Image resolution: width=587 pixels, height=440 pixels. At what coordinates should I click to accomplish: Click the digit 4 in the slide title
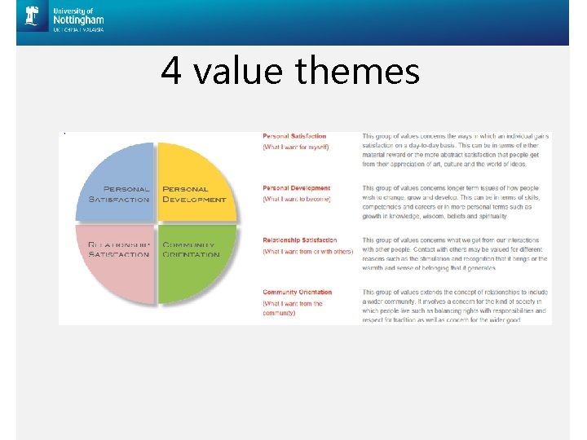170,71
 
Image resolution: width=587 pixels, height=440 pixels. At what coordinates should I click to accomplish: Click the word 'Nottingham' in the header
77,20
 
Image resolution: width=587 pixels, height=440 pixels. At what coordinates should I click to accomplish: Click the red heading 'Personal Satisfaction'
294,136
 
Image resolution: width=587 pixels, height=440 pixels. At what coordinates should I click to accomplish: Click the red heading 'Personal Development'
297,188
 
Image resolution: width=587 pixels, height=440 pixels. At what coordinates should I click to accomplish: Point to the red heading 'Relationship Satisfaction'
299,240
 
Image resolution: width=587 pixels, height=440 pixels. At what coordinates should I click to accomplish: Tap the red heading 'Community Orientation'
298,292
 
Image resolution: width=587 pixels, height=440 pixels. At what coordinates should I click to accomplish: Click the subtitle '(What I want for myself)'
294,147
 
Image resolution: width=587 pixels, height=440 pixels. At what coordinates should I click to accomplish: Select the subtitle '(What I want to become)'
295,199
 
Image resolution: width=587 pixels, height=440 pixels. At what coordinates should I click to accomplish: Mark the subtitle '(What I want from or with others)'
307,251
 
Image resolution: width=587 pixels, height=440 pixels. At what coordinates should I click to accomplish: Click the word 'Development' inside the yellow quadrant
194,200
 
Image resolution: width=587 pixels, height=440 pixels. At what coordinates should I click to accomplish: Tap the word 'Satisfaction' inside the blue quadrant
119,200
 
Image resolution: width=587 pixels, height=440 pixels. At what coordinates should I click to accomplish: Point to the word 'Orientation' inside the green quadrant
191,254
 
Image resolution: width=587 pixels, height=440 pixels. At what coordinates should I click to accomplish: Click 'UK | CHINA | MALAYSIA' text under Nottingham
78,30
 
